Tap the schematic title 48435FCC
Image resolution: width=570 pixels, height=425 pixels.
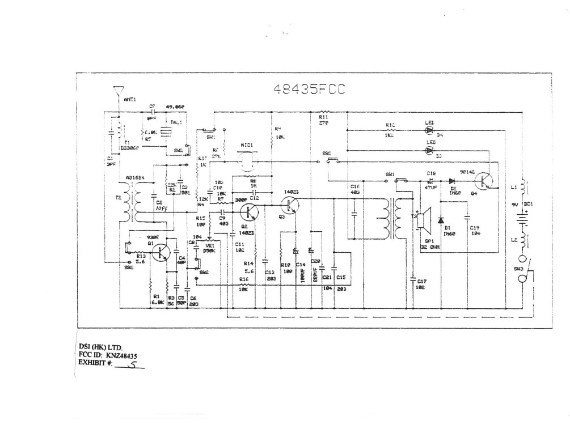pyautogui.click(x=309, y=90)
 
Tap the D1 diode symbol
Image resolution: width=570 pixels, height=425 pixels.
pyautogui.click(x=441, y=219)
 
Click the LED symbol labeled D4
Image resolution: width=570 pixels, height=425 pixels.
pyautogui.click(x=429, y=130)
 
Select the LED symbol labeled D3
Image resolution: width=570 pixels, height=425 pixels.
pyautogui.click(x=429, y=150)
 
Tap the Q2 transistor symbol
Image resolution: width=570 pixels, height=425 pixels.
pyautogui.click(x=248, y=213)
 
